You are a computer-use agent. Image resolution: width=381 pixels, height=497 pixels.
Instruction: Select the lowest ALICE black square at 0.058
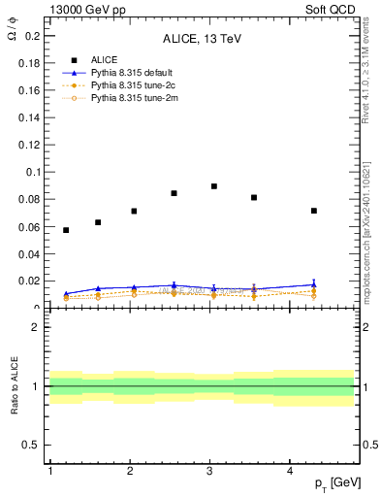[x=66, y=230]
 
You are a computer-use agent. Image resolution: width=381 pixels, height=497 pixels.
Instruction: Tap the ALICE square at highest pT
[x=314, y=211]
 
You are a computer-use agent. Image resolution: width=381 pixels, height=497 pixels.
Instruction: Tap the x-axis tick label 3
[x=210, y=471]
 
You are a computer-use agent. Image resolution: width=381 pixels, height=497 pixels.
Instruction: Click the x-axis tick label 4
[x=291, y=471]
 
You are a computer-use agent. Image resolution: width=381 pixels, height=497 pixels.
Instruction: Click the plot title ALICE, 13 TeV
[x=202, y=39]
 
